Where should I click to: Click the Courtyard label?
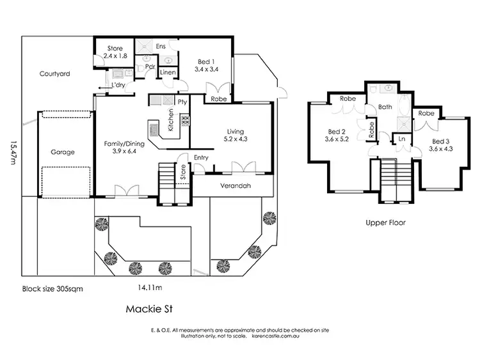click(x=54, y=74)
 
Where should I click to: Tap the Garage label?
click(x=63, y=152)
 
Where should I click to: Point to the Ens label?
click(x=161, y=47)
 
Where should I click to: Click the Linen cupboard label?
click(x=168, y=73)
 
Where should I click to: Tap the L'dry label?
click(x=118, y=85)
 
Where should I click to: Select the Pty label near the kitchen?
click(x=182, y=102)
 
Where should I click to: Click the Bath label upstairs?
click(x=385, y=107)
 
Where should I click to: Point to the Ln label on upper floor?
click(x=401, y=138)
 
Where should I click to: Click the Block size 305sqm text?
click(x=52, y=288)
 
